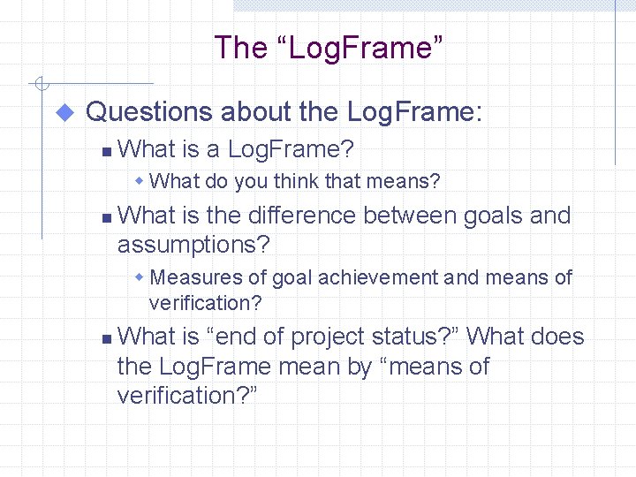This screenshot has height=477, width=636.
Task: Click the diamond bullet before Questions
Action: (64, 112)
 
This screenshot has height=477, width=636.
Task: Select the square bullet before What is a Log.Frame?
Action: (106, 152)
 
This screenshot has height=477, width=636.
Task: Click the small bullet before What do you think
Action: (140, 182)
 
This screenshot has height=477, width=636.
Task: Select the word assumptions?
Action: (193, 245)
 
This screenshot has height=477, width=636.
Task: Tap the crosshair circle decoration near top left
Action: (40, 85)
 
